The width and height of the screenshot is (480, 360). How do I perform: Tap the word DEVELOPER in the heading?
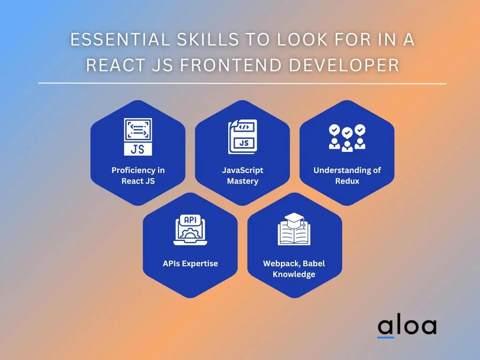coord(344,65)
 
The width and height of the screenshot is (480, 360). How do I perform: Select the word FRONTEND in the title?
coord(231,65)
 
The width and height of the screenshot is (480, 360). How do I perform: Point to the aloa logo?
coord(407,327)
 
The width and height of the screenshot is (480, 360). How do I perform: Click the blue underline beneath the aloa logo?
coord(385,337)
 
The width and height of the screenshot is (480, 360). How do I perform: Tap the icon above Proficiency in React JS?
coord(138,137)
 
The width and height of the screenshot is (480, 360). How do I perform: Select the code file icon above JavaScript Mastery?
coord(242,136)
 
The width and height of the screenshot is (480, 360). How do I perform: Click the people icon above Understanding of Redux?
coord(347,138)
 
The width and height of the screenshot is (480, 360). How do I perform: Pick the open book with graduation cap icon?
coord(294,229)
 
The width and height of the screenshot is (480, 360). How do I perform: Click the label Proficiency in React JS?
coord(138,175)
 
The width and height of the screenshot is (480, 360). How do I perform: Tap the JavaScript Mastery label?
coord(242,175)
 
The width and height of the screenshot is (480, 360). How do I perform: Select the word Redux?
coord(347,181)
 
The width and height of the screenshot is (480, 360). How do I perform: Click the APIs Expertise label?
coord(190,263)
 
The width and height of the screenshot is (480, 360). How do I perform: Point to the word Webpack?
coord(281,263)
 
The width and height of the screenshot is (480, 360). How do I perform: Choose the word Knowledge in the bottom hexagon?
coord(294,274)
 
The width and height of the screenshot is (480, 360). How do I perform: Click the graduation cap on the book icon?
coord(294,218)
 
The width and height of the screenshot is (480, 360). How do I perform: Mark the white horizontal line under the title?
coord(242,83)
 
